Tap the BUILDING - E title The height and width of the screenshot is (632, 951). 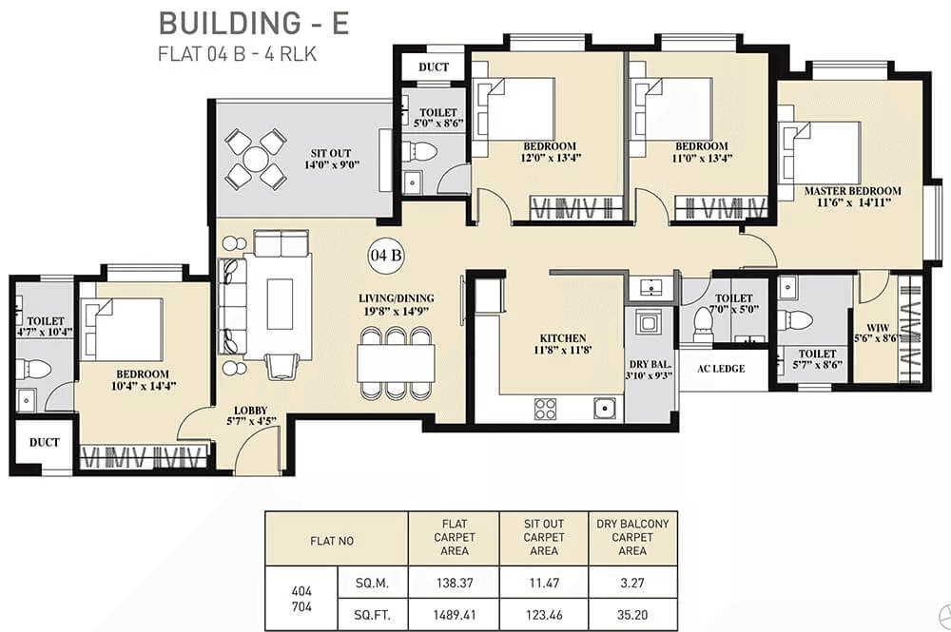coord(253,23)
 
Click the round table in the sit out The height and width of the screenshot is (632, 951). coord(255,159)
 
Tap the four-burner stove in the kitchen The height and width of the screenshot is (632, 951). coord(545,409)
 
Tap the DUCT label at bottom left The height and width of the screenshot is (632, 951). coord(44,443)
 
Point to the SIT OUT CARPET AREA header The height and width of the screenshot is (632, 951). coord(543,537)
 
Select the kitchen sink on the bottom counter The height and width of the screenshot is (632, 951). coord(603,409)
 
